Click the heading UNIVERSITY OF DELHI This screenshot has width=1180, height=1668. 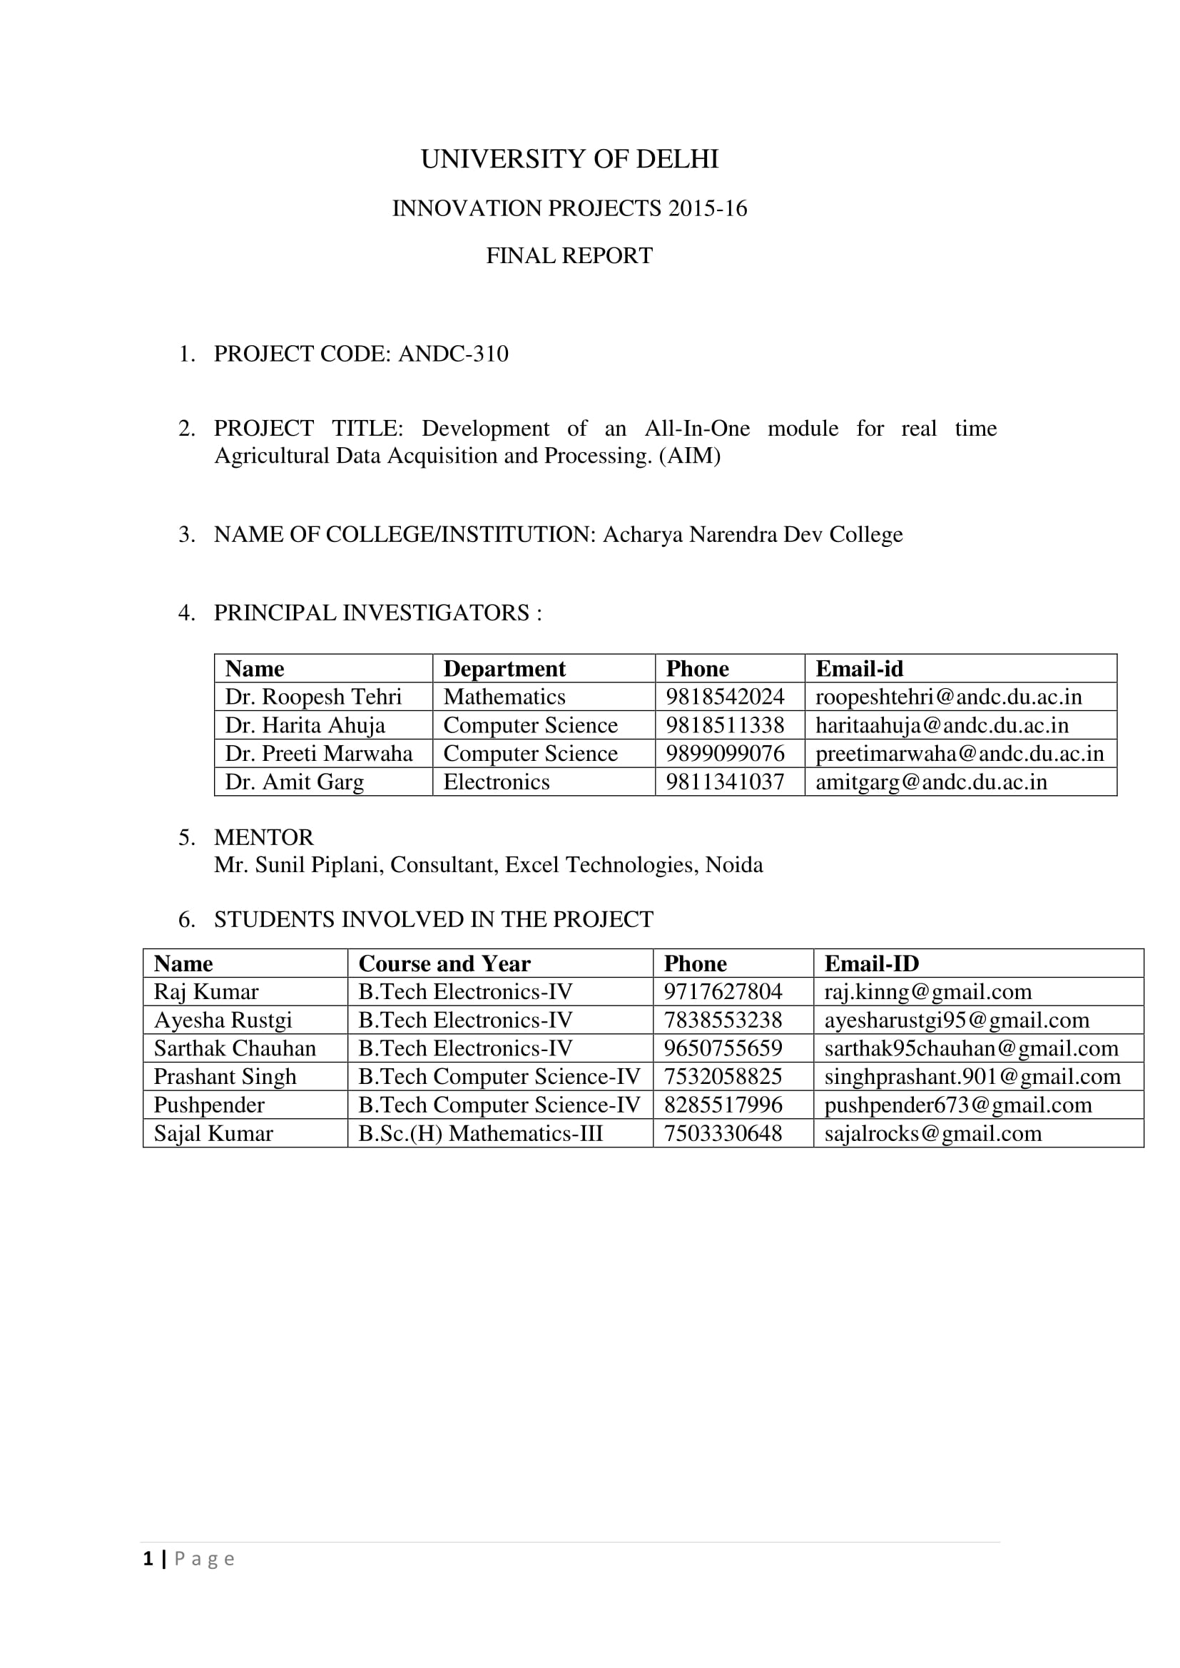tap(569, 159)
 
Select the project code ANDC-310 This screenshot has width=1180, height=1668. tap(453, 354)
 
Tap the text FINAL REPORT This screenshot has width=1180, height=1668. tap(569, 256)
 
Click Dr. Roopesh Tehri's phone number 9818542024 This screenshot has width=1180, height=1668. tap(724, 697)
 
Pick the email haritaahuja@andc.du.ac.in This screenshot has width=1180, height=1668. tap(942, 725)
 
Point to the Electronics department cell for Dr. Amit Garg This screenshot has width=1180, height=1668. tap(497, 782)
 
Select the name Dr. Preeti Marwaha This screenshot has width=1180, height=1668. tap(318, 753)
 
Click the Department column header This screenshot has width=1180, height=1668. tap(504, 668)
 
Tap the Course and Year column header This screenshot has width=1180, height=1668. tap(444, 963)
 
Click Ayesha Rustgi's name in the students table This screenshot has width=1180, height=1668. tap(223, 1020)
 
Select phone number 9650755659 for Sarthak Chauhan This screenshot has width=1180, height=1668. tap(722, 1048)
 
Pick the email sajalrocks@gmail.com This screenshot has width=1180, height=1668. tap(932, 1133)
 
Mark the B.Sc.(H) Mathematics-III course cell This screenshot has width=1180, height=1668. tap(480, 1133)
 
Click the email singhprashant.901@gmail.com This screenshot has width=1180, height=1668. tap(972, 1077)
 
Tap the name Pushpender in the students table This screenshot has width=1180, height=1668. tap(208, 1105)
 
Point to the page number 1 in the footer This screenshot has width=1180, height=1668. tap(148, 1559)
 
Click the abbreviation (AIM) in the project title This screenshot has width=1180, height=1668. tap(690, 456)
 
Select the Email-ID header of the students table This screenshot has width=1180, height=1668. tap(871, 963)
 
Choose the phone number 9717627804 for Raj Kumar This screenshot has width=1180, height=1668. tap(722, 992)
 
